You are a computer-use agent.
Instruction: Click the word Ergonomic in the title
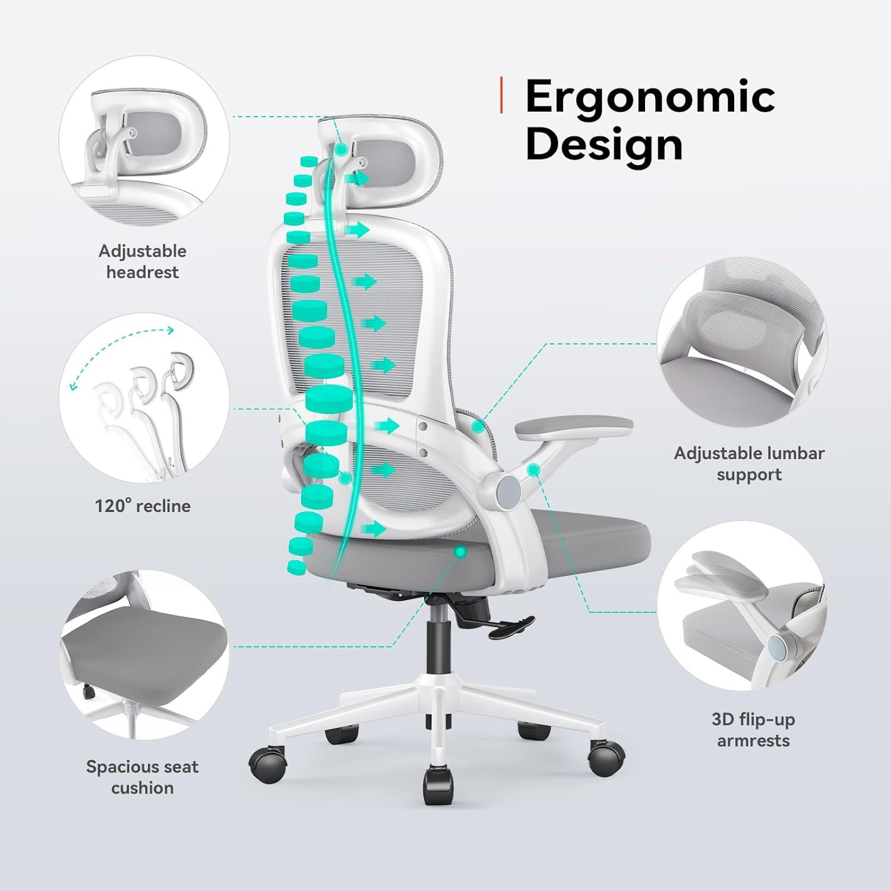650,97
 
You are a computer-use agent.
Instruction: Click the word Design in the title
604,144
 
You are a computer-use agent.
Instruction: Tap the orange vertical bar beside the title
502,95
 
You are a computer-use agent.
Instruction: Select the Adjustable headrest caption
143,261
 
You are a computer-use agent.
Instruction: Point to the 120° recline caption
143,506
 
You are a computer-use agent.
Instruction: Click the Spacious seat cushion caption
143,777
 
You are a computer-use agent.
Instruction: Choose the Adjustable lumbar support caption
749,464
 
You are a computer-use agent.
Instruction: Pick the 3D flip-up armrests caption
753,730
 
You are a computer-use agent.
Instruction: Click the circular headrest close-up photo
144,141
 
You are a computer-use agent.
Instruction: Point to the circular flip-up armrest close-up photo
742,606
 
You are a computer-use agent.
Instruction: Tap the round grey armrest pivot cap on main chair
508,488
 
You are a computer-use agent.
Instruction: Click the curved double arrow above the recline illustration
122,356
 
